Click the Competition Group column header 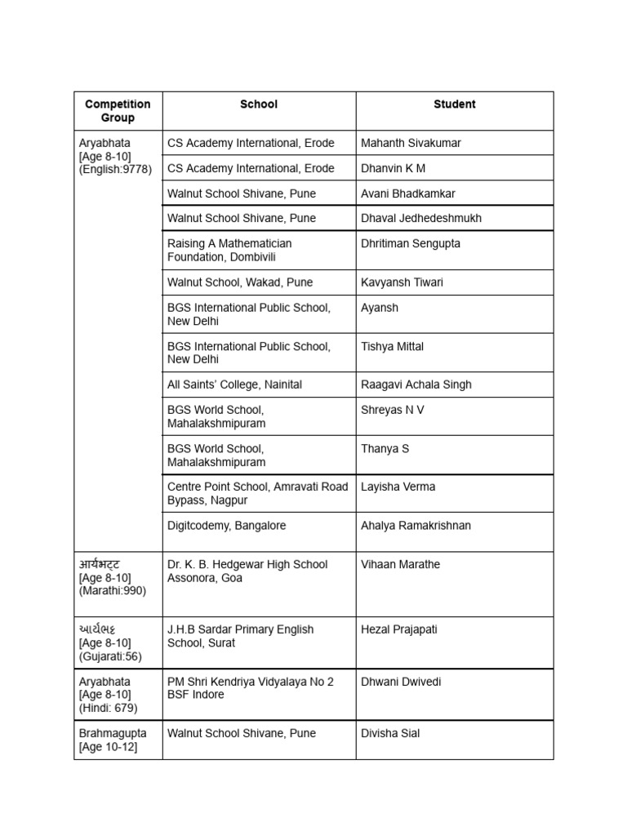[118, 111]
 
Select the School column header [259, 104]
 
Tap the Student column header [454, 104]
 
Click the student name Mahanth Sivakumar [411, 143]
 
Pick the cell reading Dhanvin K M [393, 168]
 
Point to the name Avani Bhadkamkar [408, 193]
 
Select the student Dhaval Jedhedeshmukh [421, 218]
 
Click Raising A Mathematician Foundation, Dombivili [229, 250]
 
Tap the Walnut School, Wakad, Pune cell [240, 282]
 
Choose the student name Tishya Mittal [392, 346]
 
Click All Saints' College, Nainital [234, 385]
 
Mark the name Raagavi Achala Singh [416, 385]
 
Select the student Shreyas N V [393, 410]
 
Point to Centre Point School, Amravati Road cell [257, 493]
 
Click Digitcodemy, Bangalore [227, 526]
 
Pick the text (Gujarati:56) [111, 656]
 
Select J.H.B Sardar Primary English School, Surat [240, 636]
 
